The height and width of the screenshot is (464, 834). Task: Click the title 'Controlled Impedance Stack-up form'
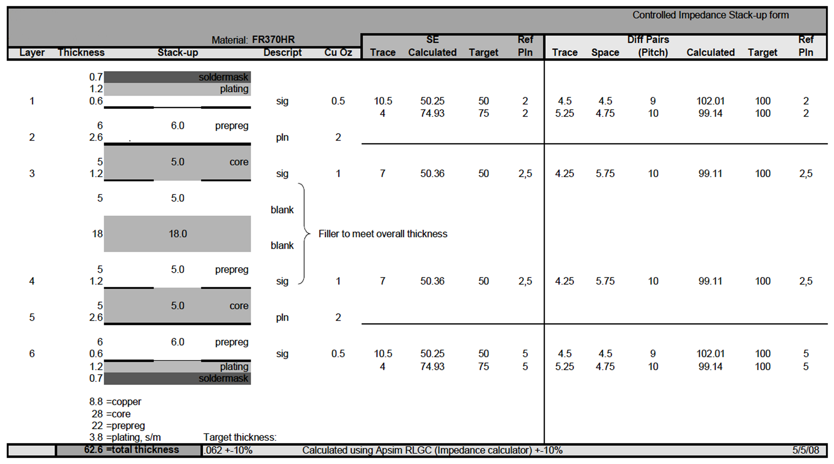(x=710, y=15)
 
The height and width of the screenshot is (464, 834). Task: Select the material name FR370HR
(x=273, y=39)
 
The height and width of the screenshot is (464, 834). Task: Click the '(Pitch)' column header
(x=653, y=52)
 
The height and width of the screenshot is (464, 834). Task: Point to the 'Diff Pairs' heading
(x=648, y=39)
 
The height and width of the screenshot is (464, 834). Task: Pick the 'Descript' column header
(x=282, y=52)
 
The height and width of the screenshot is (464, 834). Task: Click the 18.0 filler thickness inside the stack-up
(x=178, y=234)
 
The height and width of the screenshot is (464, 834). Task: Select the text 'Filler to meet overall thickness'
(x=383, y=234)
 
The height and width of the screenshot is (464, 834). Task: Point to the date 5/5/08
(x=805, y=450)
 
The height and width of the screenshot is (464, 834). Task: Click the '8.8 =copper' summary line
(x=115, y=401)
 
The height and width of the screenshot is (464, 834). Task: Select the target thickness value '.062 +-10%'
(x=228, y=450)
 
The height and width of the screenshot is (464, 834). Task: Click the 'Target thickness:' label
(x=240, y=437)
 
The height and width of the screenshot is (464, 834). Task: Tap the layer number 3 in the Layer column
(x=32, y=173)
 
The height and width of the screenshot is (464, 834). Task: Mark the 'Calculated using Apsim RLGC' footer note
(x=432, y=450)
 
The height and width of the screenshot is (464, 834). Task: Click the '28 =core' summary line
(x=111, y=414)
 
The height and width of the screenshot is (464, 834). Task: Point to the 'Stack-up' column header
(x=178, y=52)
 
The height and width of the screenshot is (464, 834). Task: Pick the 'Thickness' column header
(x=81, y=52)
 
